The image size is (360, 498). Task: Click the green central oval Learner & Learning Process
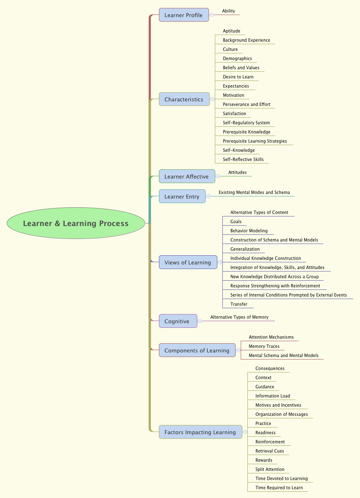pos(76,224)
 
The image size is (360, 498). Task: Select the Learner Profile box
pos(184,15)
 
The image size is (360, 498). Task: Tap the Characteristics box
pos(184,99)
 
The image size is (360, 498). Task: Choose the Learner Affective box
pos(186,176)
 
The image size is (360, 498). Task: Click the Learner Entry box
pos(182,196)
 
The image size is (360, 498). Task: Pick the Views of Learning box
pos(188,262)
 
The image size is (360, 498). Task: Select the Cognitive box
pos(177,321)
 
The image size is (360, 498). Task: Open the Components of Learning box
pos(197,350)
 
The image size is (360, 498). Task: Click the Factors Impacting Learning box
pos(200,432)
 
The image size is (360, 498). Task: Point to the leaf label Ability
pos(229,11)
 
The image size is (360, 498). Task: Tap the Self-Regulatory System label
pos(246,123)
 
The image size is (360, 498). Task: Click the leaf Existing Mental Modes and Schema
pos(254,192)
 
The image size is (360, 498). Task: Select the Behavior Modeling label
pos(249,231)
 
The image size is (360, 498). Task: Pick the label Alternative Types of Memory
pos(239,317)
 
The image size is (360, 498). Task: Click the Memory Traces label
pos(264,346)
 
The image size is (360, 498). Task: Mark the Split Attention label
pos(270,469)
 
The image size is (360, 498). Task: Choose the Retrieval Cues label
pos(269,451)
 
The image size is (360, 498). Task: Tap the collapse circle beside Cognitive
pos(200,321)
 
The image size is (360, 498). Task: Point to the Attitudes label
pos(237,172)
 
